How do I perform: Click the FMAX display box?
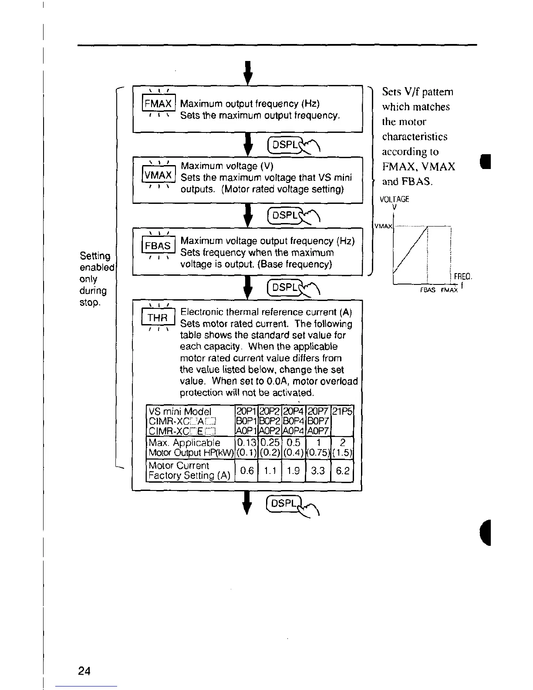[x=159, y=104]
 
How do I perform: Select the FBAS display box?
[x=158, y=246]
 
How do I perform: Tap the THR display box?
[x=158, y=318]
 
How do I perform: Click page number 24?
[x=84, y=671]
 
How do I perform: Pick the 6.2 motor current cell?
[x=343, y=470]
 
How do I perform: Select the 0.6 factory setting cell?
[x=247, y=470]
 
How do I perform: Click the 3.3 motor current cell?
[x=318, y=470]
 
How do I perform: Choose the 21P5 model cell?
[x=343, y=411]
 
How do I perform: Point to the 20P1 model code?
[x=246, y=411]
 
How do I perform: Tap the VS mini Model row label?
[x=180, y=412]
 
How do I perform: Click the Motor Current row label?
[x=179, y=465]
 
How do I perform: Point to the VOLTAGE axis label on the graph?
[x=395, y=199]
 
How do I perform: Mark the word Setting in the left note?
[x=95, y=256]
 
